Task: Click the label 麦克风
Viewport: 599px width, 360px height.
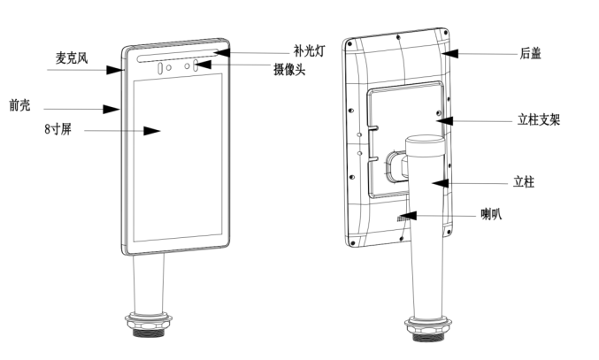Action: [71, 57]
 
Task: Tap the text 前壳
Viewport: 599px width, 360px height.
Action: [19, 105]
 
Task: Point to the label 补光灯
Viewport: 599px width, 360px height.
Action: [310, 51]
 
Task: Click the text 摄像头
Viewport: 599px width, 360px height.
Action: [289, 69]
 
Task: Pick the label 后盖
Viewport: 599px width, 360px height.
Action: [531, 54]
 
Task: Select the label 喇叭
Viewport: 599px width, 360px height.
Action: [491, 214]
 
